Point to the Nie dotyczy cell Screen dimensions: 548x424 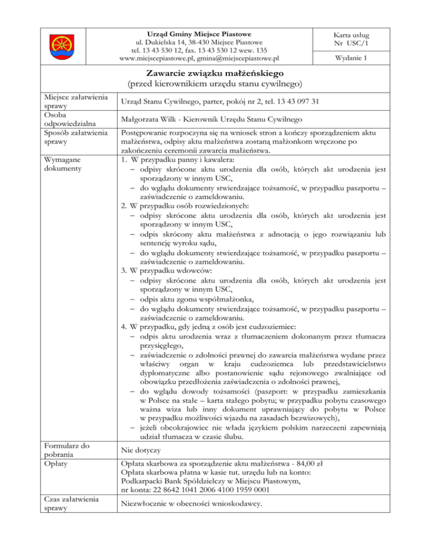pos(141,450)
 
